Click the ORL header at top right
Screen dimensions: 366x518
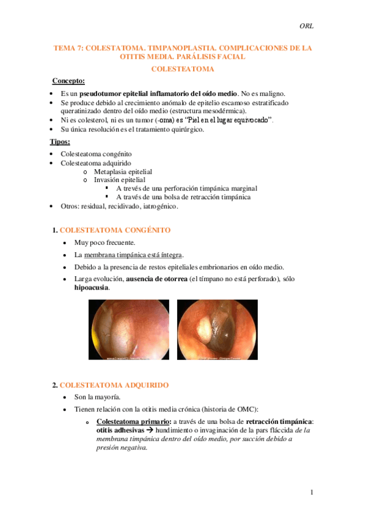pos(306,25)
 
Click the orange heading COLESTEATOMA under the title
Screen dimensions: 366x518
pos(182,69)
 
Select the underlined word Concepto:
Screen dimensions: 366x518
pos(68,81)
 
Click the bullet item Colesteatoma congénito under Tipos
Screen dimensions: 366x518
pos(96,154)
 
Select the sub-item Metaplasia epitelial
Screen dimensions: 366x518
pos(123,172)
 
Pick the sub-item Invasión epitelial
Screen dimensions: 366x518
pos(119,180)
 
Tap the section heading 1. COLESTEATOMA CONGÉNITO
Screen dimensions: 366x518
pos(111,230)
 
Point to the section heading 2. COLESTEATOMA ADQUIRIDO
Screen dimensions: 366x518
pos(110,385)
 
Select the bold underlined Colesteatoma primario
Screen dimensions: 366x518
pos(131,421)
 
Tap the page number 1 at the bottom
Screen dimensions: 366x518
pos(311,492)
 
